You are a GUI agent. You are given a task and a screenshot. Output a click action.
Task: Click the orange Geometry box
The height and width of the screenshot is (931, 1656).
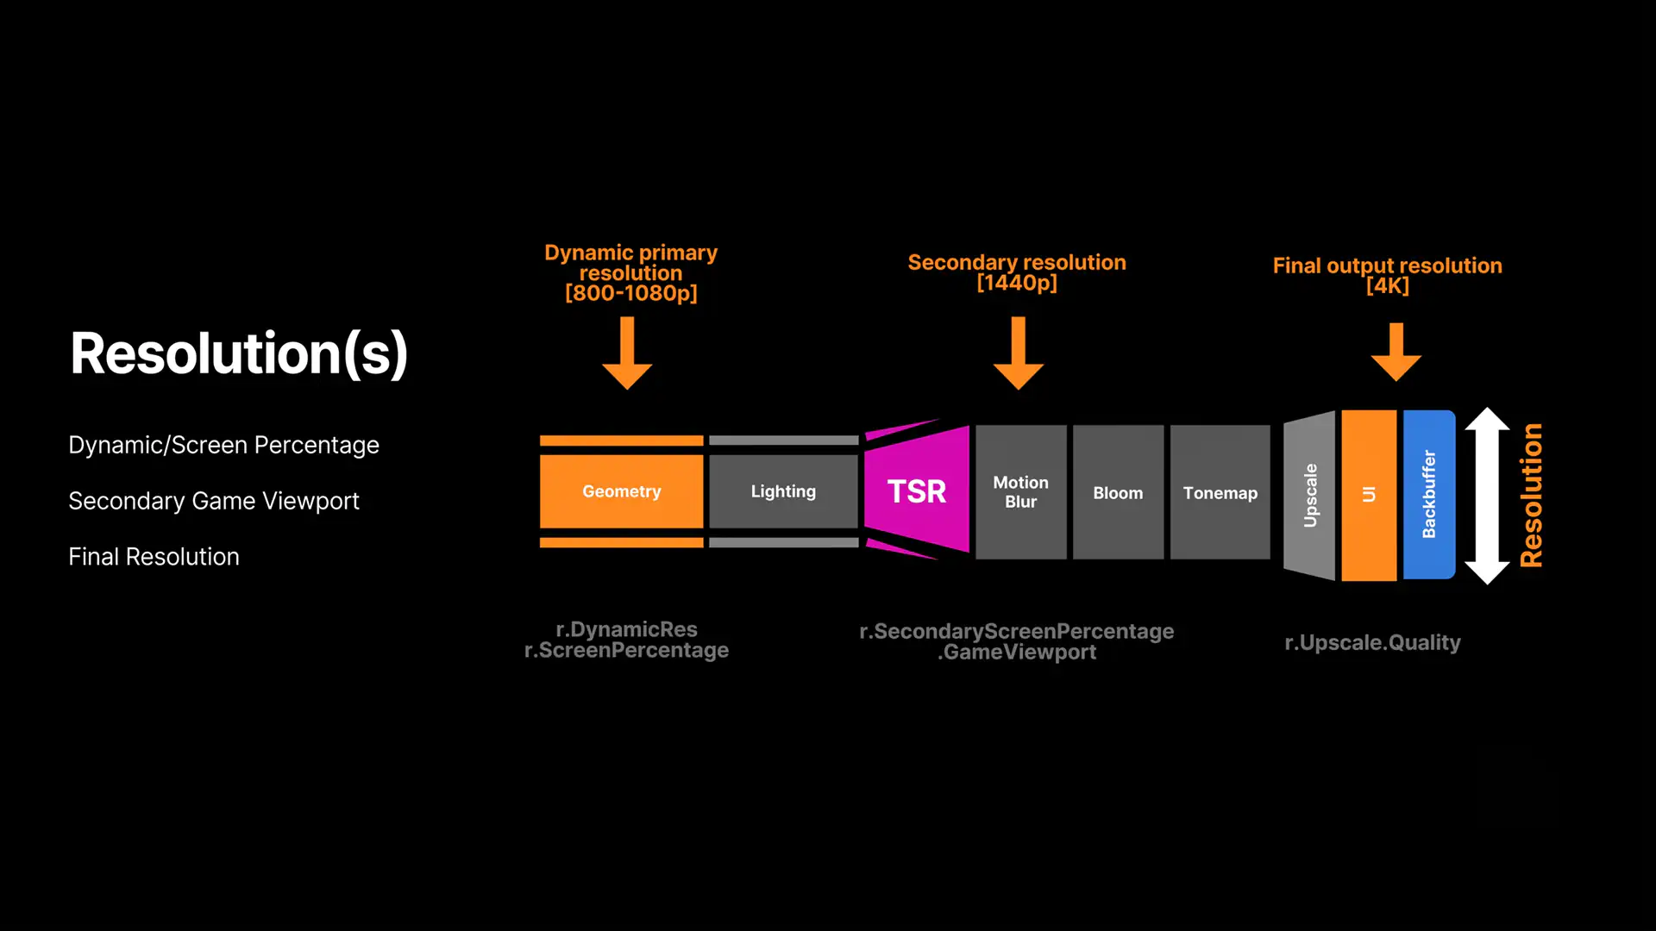point(621,491)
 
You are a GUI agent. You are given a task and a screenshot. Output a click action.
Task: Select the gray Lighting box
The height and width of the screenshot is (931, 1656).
point(783,491)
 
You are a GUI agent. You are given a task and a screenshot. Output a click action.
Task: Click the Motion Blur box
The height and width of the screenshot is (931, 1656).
point(1021,492)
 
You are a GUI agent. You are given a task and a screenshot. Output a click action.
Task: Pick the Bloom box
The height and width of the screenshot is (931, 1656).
point(1118,492)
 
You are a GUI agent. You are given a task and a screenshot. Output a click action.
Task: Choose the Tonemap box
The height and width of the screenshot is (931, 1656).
point(1220,492)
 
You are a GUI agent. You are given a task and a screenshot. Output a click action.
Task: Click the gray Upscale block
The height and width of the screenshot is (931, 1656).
point(1309,496)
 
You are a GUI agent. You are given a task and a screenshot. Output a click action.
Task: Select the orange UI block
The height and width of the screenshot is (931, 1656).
point(1369,496)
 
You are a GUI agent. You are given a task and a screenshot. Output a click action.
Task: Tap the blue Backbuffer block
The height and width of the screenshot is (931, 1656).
point(1429,495)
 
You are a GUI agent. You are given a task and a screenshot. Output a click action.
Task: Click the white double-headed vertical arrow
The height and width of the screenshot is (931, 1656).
point(1487,496)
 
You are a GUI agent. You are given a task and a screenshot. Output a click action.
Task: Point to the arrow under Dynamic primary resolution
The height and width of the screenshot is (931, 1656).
point(627,353)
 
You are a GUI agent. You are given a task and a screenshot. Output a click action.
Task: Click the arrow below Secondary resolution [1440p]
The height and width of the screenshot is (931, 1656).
point(1019,353)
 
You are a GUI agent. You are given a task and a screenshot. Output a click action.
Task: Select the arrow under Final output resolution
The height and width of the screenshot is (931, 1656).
point(1396,353)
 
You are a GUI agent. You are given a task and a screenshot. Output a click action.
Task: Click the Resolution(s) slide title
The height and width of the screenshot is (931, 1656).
point(239,353)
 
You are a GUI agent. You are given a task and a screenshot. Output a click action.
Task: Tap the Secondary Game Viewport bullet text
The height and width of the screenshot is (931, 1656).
point(214,501)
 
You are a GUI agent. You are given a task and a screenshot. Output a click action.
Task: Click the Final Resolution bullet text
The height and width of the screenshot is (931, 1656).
point(154,557)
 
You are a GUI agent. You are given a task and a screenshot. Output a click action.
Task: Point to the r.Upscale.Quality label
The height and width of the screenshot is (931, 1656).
point(1372,643)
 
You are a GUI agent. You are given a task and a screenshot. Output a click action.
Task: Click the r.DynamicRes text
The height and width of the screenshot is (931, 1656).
point(626,629)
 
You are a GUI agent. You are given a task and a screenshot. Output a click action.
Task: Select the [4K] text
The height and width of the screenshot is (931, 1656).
point(1388,286)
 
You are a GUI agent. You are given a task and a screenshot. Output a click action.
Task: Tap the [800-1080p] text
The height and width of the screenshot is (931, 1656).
point(631,293)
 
